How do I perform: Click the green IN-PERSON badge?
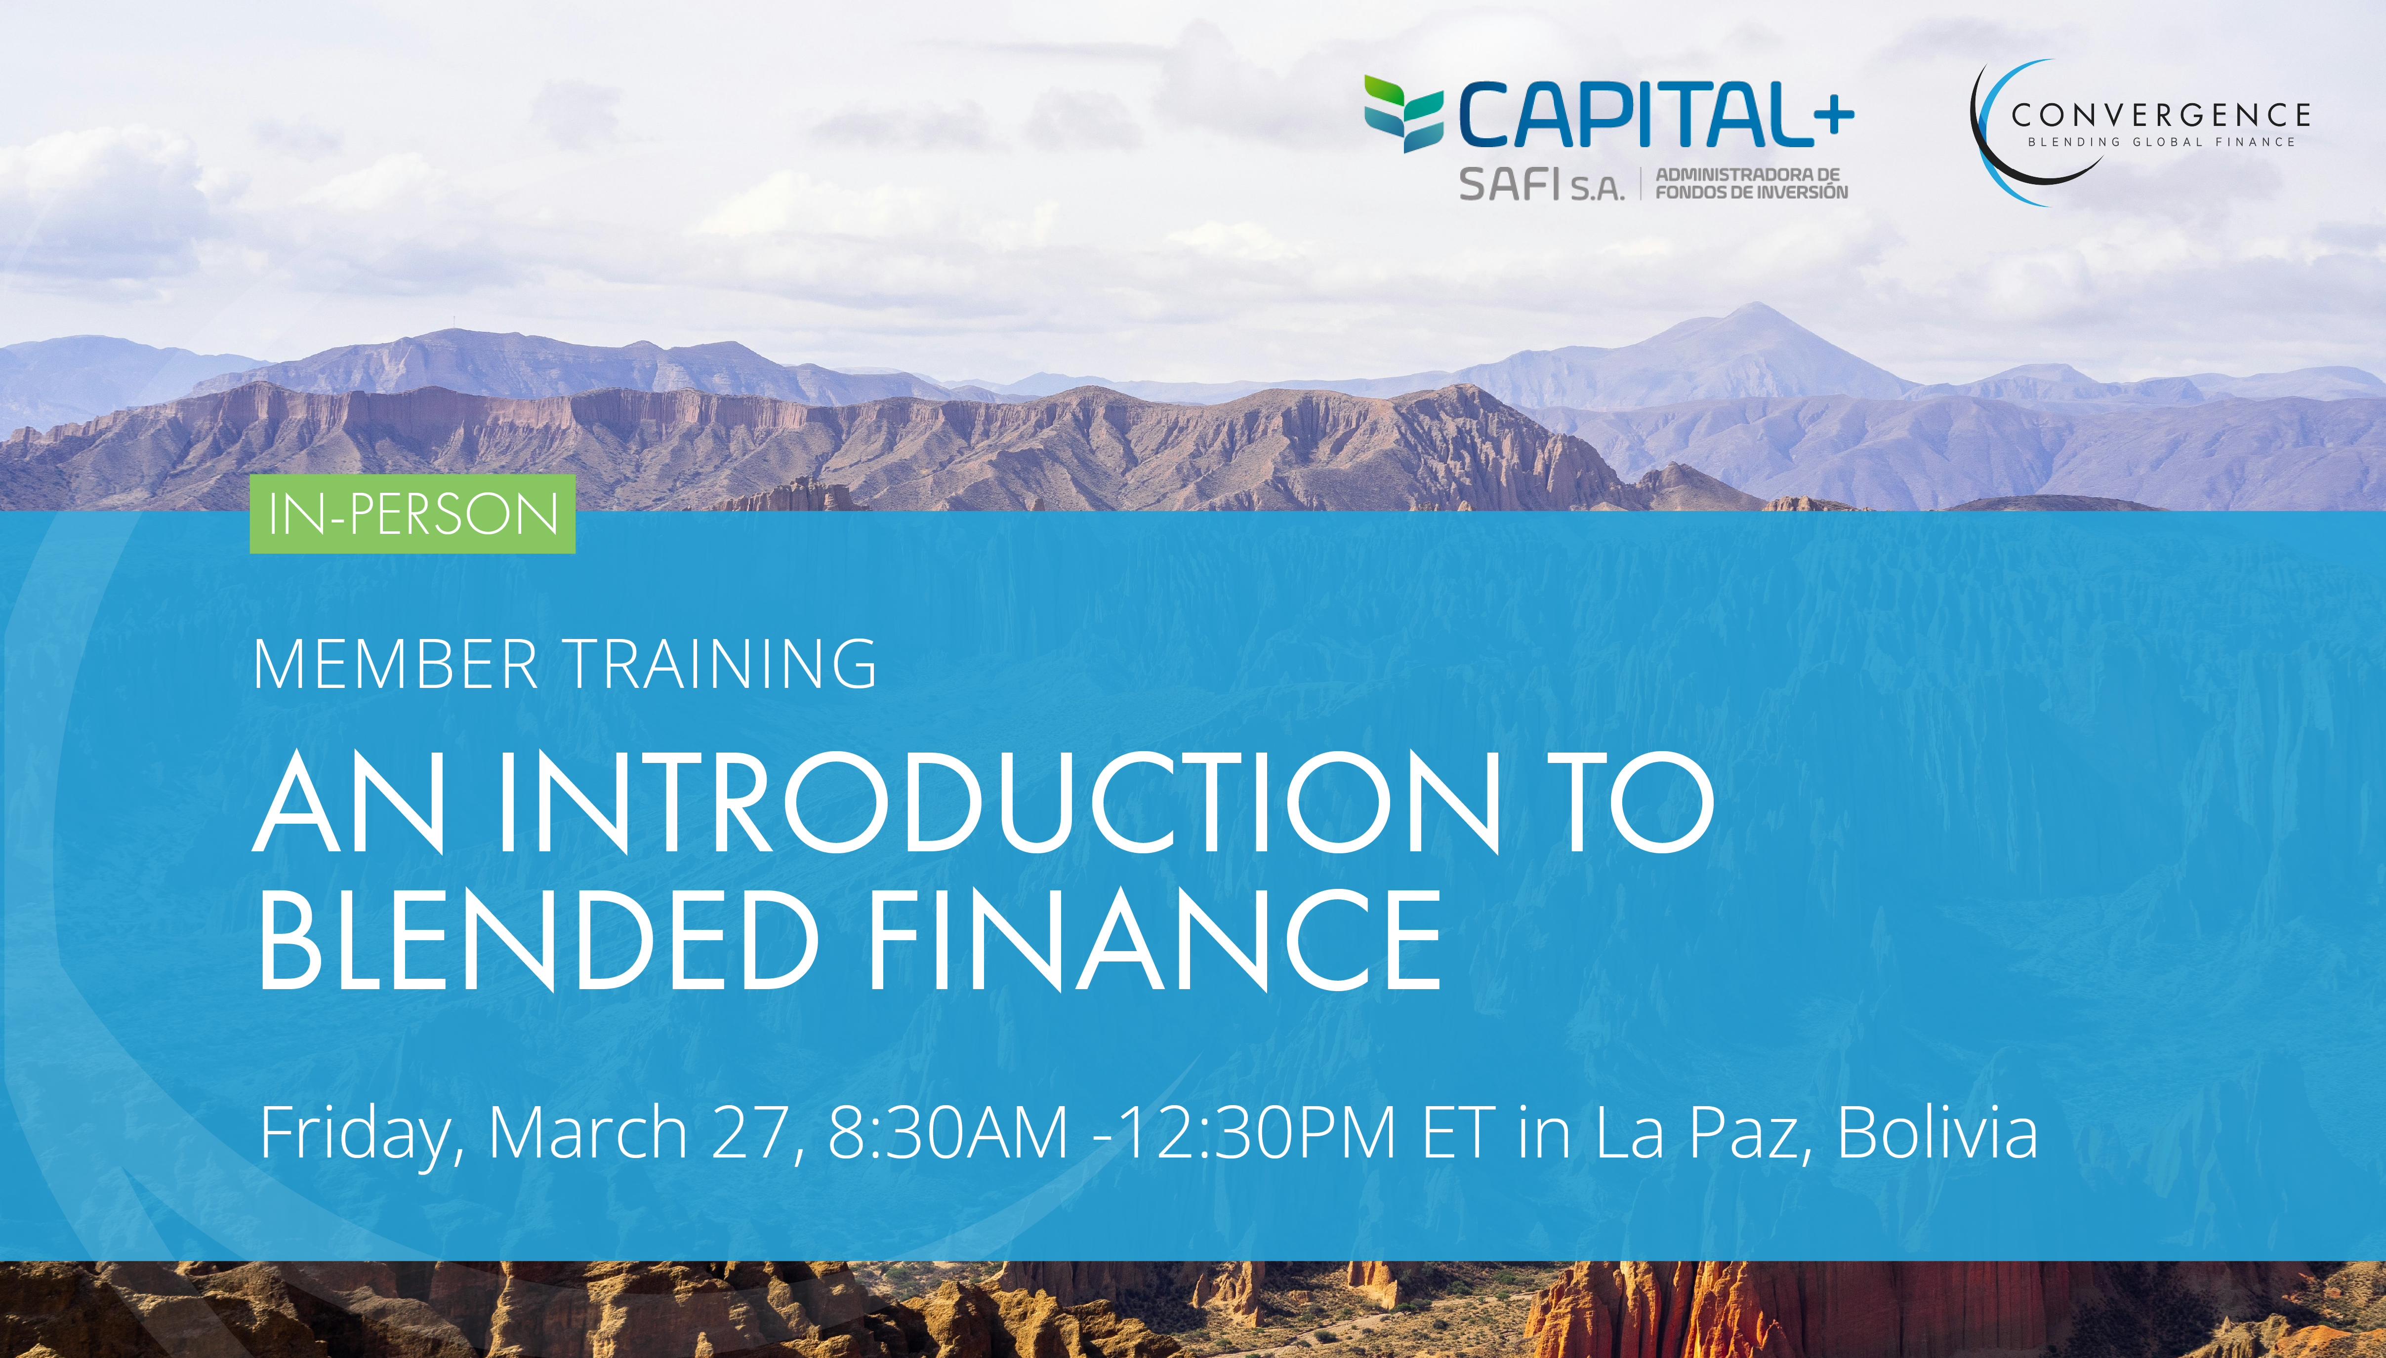click(412, 514)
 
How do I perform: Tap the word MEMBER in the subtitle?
click(396, 665)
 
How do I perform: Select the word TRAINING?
click(721, 665)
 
